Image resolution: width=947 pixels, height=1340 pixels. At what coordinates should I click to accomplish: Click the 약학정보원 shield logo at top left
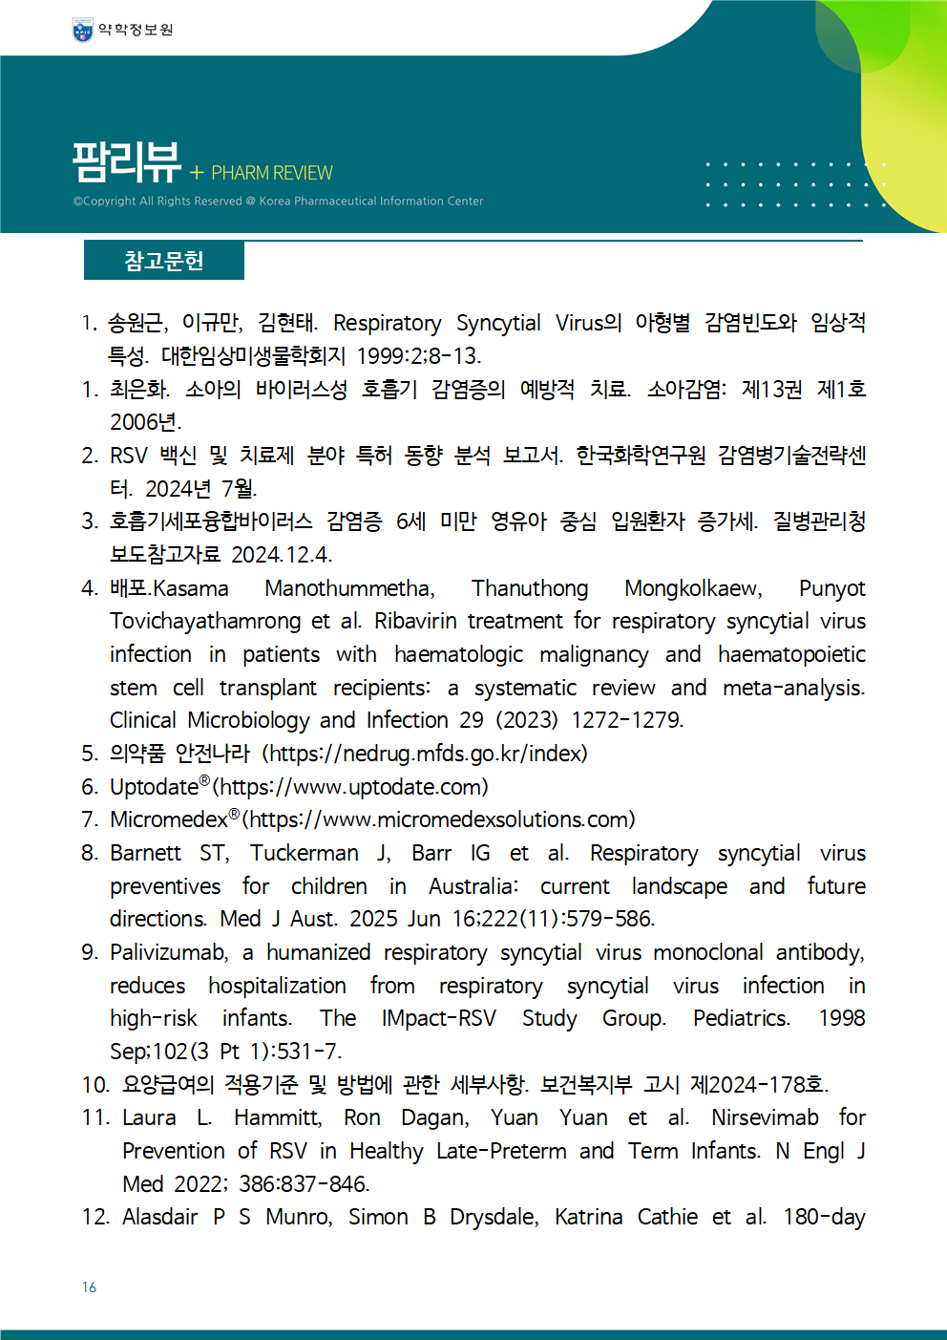pyautogui.click(x=83, y=31)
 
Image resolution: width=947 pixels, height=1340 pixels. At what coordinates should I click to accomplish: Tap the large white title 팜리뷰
pyautogui.click(x=127, y=161)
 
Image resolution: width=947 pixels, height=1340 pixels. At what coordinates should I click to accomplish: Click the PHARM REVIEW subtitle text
pyautogui.click(x=271, y=173)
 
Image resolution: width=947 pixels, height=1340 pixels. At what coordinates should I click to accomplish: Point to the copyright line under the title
pyautogui.click(x=278, y=202)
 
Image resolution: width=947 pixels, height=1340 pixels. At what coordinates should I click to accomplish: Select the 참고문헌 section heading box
pyautogui.click(x=164, y=261)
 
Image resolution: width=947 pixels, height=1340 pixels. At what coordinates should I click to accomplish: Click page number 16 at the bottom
pyautogui.click(x=89, y=1287)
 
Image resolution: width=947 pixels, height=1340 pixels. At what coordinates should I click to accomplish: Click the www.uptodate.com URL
pyautogui.click(x=350, y=787)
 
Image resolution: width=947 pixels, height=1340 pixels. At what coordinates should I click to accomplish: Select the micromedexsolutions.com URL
pyautogui.click(x=438, y=819)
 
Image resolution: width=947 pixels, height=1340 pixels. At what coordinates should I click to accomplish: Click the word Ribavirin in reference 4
pyautogui.click(x=415, y=621)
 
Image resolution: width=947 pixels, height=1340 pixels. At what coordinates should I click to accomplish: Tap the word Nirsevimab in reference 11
pyautogui.click(x=765, y=1117)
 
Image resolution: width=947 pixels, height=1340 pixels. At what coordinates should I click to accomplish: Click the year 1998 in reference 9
pyautogui.click(x=841, y=1018)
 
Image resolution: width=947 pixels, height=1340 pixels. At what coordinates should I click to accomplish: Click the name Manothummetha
pyautogui.click(x=349, y=588)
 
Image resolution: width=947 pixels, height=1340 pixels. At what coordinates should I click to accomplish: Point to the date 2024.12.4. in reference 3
pyautogui.click(x=282, y=555)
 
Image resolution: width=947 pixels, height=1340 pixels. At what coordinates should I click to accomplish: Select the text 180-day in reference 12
pyautogui.click(x=824, y=1217)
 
